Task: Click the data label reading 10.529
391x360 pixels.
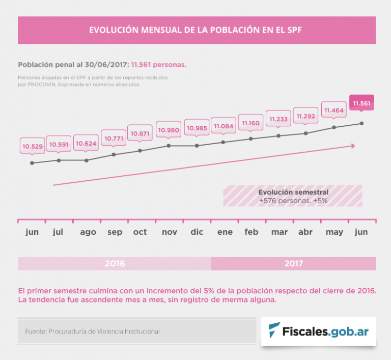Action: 32,146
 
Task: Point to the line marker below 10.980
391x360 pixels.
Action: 169,146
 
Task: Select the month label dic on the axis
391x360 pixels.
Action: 197,232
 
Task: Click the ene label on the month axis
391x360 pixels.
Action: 225,232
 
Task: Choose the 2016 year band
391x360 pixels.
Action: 115,264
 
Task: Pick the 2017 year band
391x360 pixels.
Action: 293,264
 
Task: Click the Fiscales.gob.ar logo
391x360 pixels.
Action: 319,331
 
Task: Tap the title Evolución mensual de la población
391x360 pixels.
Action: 195,30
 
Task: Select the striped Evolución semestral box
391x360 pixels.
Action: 293,196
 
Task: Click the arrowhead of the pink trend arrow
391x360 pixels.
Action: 352,146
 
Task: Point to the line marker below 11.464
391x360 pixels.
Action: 334,127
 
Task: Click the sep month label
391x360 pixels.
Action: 115,232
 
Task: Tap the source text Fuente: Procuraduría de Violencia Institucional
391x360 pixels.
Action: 92,331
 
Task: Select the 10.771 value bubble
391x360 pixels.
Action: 114,138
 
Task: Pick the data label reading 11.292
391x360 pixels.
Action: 306,116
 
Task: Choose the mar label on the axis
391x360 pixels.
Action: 279,232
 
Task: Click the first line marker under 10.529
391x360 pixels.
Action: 32,163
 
